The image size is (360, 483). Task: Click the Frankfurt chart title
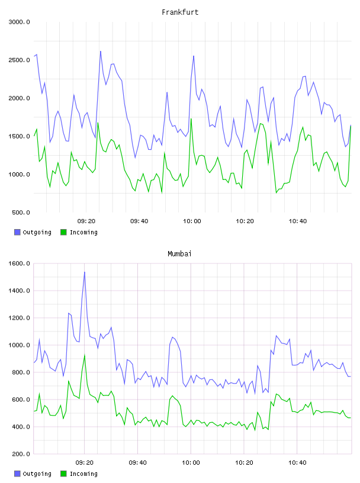click(x=180, y=12)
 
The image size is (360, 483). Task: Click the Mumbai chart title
click(x=179, y=254)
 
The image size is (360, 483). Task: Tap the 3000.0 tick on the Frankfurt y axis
click(x=20, y=22)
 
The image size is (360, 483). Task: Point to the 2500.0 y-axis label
click(x=20, y=60)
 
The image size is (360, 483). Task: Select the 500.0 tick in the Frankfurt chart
click(x=21, y=212)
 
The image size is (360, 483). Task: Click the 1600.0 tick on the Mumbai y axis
click(x=20, y=263)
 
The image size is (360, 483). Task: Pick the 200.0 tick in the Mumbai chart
click(x=21, y=454)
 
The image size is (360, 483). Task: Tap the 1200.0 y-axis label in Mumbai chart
click(x=20, y=318)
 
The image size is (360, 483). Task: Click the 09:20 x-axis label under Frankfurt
click(x=86, y=221)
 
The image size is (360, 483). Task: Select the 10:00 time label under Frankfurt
click(x=192, y=221)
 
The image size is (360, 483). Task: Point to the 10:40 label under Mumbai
click(x=297, y=463)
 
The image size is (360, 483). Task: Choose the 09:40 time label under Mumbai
click(x=138, y=463)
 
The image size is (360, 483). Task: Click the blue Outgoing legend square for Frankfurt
click(x=17, y=232)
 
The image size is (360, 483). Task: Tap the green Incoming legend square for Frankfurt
click(x=63, y=232)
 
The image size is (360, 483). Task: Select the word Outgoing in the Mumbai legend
click(x=37, y=474)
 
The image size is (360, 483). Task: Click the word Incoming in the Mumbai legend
click(x=83, y=474)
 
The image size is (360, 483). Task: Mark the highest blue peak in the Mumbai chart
click(x=85, y=272)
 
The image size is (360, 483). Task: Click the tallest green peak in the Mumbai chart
click(x=85, y=355)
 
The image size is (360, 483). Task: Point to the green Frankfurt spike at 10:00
click(x=191, y=118)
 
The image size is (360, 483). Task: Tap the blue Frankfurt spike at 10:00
click(x=194, y=56)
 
